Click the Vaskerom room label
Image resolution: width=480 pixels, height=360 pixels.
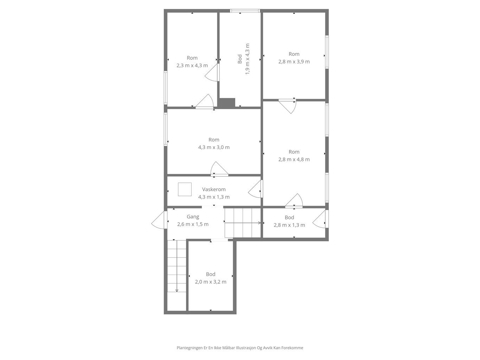click(214, 189)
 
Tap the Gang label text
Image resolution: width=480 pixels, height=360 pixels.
click(193, 217)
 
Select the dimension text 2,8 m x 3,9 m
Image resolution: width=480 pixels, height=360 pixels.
click(294, 62)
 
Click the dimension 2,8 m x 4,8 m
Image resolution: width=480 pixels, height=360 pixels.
click(294, 159)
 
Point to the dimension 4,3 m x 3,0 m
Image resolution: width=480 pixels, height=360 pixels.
click(214, 147)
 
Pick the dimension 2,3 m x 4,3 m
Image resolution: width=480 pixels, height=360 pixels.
click(192, 65)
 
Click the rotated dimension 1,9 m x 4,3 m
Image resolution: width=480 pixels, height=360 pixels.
click(247, 59)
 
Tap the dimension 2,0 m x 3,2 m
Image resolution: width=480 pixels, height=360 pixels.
click(211, 282)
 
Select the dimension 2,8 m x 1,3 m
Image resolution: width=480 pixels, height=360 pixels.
click(289, 225)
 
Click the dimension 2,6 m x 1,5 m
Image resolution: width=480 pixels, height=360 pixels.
click(193, 224)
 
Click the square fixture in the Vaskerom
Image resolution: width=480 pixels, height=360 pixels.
click(185, 189)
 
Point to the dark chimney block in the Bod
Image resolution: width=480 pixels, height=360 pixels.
click(227, 103)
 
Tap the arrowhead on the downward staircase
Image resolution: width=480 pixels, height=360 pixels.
click(177, 291)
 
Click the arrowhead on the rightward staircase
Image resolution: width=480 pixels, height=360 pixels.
click(260, 223)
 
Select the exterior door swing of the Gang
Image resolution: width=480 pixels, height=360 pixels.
click(158, 220)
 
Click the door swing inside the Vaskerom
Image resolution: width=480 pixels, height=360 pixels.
click(255, 189)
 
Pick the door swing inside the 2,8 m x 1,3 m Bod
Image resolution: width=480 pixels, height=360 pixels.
click(319, 219)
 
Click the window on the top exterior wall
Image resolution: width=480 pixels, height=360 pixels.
click(245, 11)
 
